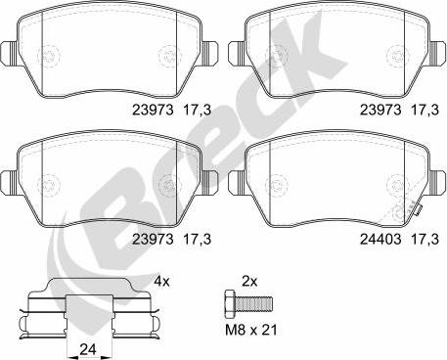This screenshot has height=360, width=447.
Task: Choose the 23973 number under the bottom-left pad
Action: click(x=147, y=237)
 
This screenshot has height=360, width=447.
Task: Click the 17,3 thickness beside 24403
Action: click(x=422, y=237)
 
